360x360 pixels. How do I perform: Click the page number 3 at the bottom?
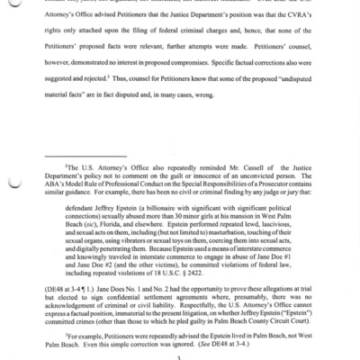(180, 356)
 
